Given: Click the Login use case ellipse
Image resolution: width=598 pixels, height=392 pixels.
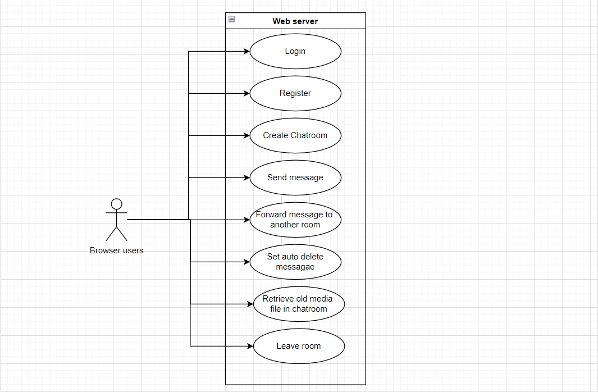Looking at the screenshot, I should tap(295, 51).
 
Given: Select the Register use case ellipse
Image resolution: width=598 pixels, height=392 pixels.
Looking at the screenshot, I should tap(295, 93).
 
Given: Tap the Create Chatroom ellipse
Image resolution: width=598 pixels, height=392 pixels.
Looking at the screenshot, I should tap(295, 135).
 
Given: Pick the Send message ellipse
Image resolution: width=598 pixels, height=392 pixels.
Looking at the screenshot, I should tap(295, 177).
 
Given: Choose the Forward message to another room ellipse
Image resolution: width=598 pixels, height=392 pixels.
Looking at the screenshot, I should tap(295, 220).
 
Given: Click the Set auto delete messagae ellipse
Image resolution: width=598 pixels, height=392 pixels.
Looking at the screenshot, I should tap(295, 262).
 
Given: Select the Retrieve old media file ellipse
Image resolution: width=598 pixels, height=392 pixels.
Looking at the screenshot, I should tap(299, 304).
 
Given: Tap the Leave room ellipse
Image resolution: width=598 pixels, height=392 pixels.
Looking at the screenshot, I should tap(299, 346).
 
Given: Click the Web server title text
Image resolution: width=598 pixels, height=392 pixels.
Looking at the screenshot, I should tap(295, 21).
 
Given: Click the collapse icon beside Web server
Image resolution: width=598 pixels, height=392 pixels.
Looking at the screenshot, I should tap(231, 20).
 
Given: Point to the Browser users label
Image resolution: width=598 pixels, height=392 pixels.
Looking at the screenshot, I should tap(116, 250).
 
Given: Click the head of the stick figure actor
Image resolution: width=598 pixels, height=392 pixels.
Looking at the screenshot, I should tap(116, 204).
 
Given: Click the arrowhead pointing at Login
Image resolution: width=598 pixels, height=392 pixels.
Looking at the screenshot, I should tap(246, 51).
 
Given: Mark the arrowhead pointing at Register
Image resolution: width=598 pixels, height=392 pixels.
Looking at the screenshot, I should tap(246, 93).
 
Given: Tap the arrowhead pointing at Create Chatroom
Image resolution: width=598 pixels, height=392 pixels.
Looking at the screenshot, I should tap(246, 135).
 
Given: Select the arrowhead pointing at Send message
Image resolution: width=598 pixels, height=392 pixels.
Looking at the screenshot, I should tap(246, 177).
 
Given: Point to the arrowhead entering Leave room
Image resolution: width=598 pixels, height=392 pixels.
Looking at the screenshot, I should tap(250, 346).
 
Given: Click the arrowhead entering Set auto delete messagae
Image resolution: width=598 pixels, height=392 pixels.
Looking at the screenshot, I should tap(246, 262).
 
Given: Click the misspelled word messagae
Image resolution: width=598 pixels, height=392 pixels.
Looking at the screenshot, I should tap(295, 267).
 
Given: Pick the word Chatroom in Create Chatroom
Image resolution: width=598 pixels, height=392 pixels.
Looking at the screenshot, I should tap(309, 135).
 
